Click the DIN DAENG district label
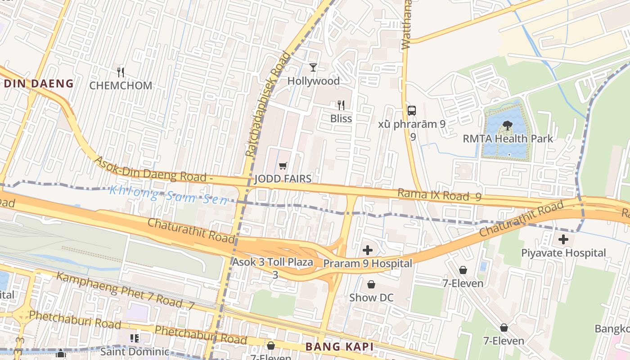38,83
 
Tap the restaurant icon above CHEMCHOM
121,72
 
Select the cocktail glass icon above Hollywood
313,67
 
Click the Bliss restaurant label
341,119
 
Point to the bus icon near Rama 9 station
411,110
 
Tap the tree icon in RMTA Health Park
508,126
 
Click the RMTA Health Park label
508,139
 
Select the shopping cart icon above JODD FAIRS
283,166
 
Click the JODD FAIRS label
283,179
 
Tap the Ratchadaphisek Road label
268,104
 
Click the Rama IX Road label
439,195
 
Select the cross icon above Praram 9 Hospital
368,250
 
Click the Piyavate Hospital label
563,253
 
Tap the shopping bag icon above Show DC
371,284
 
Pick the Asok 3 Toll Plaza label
273,262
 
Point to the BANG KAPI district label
340,347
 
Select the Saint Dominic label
135,351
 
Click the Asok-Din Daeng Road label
153,169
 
